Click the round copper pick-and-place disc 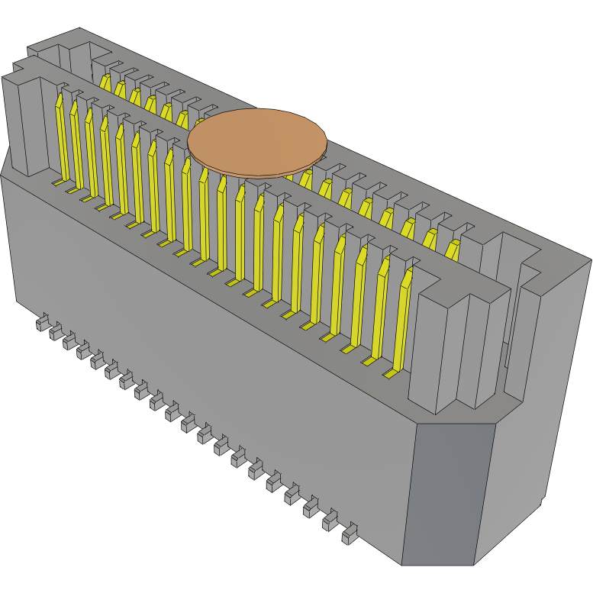point(257,139)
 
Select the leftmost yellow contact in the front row point(60,137)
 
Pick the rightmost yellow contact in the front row point(402,313)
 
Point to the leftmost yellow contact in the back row point(104,82)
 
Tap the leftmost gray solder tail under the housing point(43,324)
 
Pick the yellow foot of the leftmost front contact point(58,183)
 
